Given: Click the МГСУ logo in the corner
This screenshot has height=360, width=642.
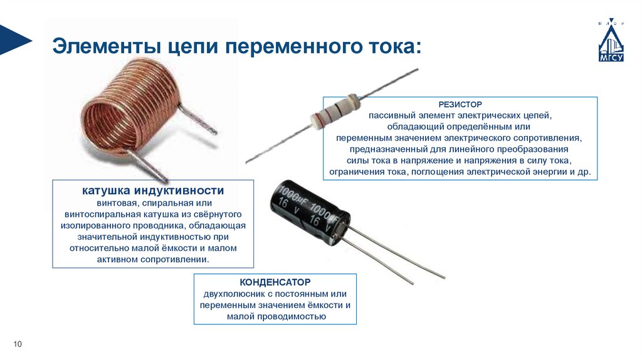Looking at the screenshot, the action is [611, 40].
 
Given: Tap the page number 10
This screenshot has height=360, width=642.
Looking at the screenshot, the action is [18, 344].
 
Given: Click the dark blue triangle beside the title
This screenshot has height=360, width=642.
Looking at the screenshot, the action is [15, 40].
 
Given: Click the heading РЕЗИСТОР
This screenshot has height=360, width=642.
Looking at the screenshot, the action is [460, 105].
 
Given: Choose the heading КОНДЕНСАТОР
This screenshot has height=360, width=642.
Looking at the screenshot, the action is [275, 282].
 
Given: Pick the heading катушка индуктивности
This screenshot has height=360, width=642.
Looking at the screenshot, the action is [153, 191].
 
